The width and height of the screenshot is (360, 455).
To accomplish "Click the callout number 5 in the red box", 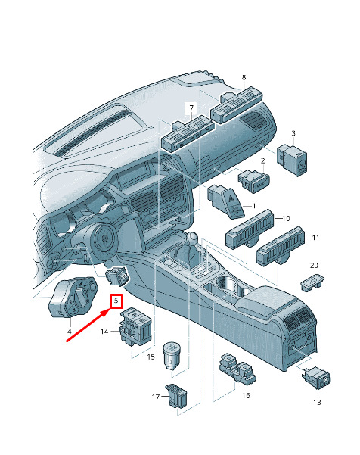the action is click(116, 301).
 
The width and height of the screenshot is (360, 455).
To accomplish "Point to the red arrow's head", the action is click(106, 312).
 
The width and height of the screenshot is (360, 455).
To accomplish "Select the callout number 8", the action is click(244, 77).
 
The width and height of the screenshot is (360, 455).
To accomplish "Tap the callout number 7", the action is click(191, 108).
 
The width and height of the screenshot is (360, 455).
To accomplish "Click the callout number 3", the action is click(293, 133).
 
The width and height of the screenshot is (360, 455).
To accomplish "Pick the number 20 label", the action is click(314, 265).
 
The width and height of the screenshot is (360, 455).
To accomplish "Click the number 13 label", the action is click(317, 402).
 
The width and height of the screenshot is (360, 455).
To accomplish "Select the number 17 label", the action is click(156, 397).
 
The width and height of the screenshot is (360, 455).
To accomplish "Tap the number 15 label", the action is click(151, 357).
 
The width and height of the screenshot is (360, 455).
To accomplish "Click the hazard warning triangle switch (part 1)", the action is click(226, 201).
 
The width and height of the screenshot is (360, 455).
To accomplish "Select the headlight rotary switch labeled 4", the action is click(73, 297).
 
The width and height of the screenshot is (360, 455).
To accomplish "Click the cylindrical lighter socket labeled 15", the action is click(172, 355).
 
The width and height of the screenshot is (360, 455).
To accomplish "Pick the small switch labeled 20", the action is click(312, 281).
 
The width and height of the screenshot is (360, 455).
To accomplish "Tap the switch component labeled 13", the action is click(317, 377).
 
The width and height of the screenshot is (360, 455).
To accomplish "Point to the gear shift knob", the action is click(192, 238).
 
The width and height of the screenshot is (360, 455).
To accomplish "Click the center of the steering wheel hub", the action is click(104, 238).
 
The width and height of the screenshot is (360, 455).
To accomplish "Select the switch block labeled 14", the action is click(136, 326).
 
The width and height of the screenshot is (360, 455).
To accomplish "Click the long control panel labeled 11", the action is click(281, 245).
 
